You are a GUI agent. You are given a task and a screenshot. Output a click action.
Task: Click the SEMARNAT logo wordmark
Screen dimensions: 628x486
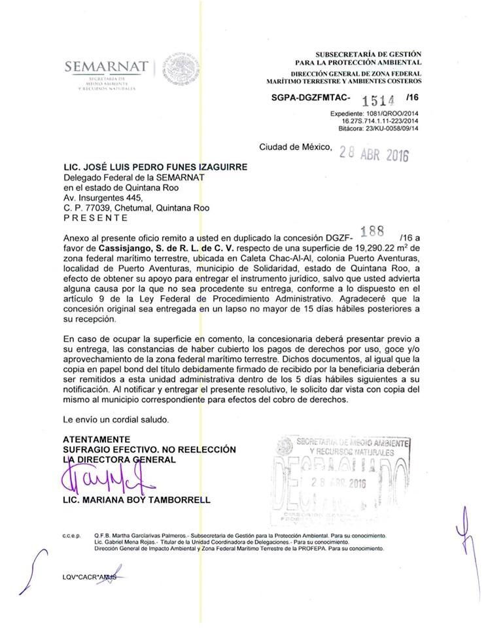(x=106, y=67)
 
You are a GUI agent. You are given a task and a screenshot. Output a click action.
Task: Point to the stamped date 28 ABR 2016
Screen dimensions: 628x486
(x=373, y=154)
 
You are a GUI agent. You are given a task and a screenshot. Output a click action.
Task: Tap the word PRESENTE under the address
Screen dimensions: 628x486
(x=95, y=218)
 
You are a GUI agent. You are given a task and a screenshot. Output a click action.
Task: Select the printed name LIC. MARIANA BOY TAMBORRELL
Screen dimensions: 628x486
(x=137, y=500)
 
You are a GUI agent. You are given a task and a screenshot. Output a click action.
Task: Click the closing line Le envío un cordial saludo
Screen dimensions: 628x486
(x=116, y=418)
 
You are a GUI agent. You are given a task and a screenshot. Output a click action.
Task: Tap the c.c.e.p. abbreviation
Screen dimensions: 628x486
(x=71, y=535)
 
